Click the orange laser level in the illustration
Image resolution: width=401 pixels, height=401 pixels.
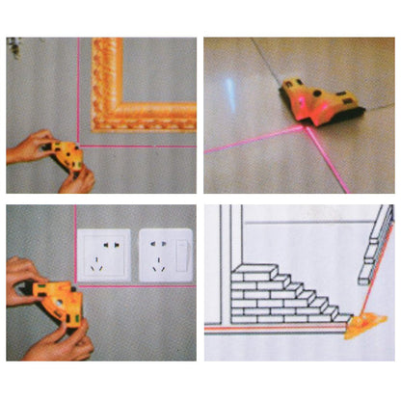pos(365,322)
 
